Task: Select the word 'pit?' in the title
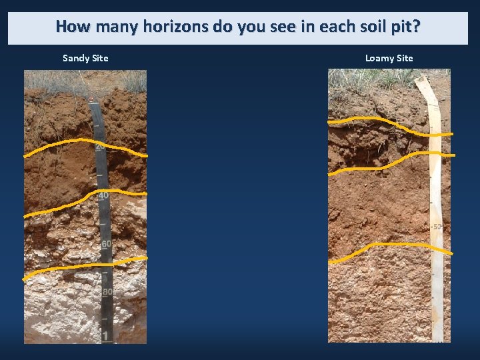[x=405, y=27]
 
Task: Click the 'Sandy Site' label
[x=85, y=58]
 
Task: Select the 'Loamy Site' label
[x=389, y=58]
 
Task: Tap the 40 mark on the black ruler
[x=103, y=196]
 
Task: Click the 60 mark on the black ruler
[x=106, y=244]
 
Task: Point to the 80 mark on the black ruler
[x=107, y=292]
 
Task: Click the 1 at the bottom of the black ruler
[x=107, y=335]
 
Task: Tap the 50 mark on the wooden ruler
[x=437, y=227]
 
